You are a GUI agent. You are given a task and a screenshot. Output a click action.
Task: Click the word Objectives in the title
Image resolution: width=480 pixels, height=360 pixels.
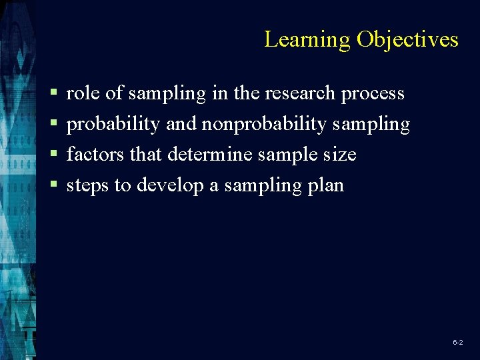(x=407, y=40)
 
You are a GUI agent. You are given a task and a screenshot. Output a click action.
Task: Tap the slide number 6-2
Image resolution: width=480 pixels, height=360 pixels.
(x=458, y=342)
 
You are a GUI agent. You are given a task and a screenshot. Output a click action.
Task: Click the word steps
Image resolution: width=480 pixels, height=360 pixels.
(x=88, y=186)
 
